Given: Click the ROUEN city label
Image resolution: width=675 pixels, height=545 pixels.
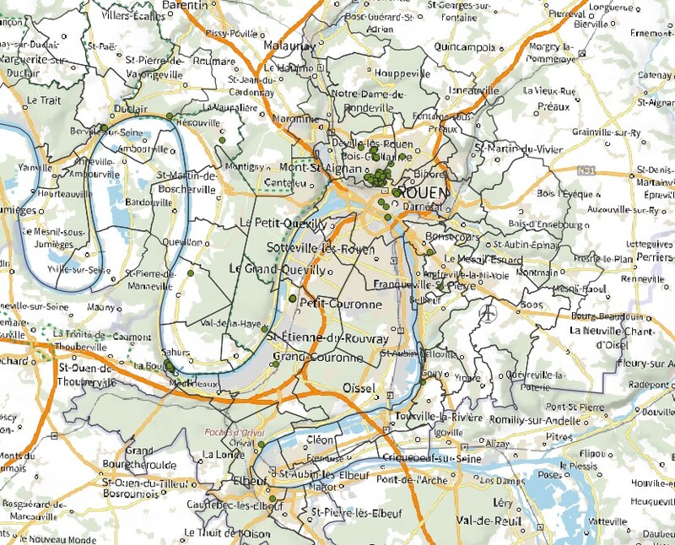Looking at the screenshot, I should (420, 192).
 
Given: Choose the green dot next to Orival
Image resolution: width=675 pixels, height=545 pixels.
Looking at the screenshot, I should (262, 445).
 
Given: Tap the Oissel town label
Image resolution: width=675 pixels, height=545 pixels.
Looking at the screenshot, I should (360, 387).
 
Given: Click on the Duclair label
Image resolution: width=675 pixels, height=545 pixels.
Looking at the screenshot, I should (131, 109).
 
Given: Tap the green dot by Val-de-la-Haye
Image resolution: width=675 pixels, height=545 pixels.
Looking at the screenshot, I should (265, 329).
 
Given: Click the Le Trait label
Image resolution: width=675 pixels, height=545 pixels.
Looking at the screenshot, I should (40, 100).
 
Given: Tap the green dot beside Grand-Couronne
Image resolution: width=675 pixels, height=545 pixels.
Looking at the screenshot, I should (275, 364).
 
